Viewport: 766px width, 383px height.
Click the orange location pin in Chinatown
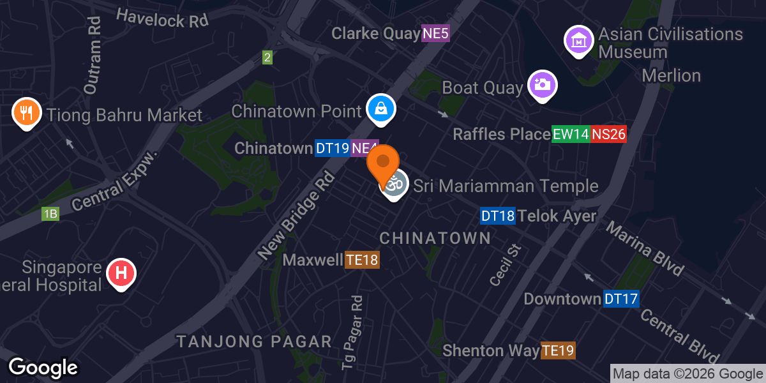coord(383,163)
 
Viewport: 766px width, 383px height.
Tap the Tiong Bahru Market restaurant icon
coord(27,114)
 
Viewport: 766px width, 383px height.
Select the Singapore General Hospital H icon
coord(120,273)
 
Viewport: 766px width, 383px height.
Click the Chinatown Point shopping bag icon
coord(381,109)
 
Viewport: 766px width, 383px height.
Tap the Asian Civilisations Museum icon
coord(579,40)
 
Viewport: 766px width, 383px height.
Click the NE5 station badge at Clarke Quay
coord(435,34)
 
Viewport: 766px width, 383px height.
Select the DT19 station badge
coord(333,149)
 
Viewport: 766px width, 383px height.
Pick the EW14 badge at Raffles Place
coord(569,134)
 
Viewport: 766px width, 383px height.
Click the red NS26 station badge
coord(608,134)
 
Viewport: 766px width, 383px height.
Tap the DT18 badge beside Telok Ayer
coord(497,216)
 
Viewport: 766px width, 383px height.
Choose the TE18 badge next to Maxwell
coord(363,260)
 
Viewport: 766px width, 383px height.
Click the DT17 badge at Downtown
coord(621,299)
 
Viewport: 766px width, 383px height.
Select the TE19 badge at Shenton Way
coord(558,350)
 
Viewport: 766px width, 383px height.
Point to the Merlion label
coord(671,75)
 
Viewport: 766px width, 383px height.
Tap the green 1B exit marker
coord(50,214)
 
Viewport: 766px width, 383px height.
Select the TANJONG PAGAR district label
coord(254,342)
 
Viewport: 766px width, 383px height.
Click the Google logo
coord(43,368)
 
